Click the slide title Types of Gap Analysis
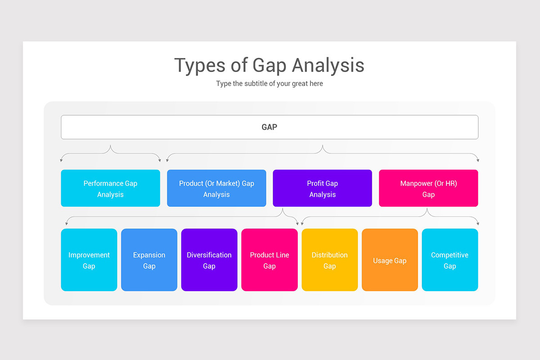pos(269,65)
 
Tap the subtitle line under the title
pos(269,84)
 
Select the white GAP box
pos(269,127)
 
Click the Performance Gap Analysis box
pos(110,189)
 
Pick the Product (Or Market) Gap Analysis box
pos(216,189)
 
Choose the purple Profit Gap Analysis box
pos(322,189)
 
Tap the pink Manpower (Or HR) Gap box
pos(428,189)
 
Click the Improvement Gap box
pos(89,260)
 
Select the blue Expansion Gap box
pos(149,260)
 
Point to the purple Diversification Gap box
pos(209,260)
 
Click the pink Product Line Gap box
pos(269,260)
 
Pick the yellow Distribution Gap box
pos(329,260)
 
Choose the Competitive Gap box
pos(450,260)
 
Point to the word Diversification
pos(209,255)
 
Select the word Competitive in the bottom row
pos(450,255)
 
